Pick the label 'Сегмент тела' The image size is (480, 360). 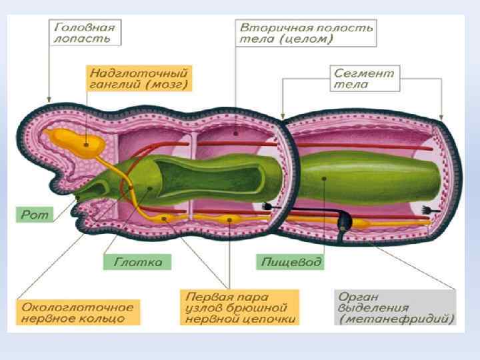pos(363,79)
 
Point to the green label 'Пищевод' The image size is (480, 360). pos(291,261)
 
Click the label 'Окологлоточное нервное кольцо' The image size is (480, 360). pos(78,313)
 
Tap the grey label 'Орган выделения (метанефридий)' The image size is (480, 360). pos(395,307)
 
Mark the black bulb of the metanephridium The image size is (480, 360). pos(345,219)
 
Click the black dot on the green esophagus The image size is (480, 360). pos(322,178)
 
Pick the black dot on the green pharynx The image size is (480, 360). pos(151,189)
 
